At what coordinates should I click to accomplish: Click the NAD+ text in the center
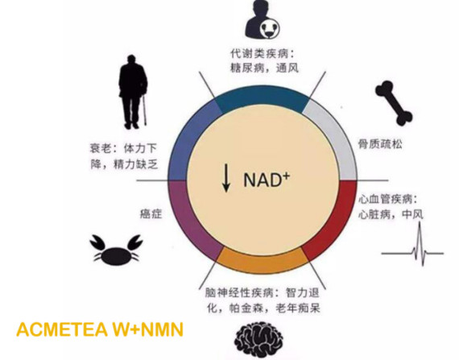(x=267, y=179)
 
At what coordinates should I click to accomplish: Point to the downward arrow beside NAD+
(x=225, y=178)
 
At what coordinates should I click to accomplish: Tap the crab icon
(x=117, y=250)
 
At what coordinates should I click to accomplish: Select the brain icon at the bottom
(x=258, y=341)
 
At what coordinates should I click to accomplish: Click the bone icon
(x=394, y=103)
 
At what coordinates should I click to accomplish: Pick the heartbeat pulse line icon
(x=412, y=244)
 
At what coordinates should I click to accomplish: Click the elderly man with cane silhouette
(x=133, y=92)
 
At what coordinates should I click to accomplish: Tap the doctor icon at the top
(x=263, y=20)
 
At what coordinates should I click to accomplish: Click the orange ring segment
(x=263, y=262)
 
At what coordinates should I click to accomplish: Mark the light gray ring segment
(x=337, y=138)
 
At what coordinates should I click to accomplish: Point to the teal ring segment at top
(x=263, y=98)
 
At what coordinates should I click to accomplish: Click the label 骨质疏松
(x=380, y=144)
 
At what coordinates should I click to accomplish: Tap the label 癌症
(x=151, y=214)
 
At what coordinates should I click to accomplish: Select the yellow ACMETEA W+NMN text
(x=100, y=329)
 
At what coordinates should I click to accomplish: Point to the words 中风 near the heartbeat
(x=412, y=214)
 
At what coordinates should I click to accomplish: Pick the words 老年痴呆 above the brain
(x=298, y=308)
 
